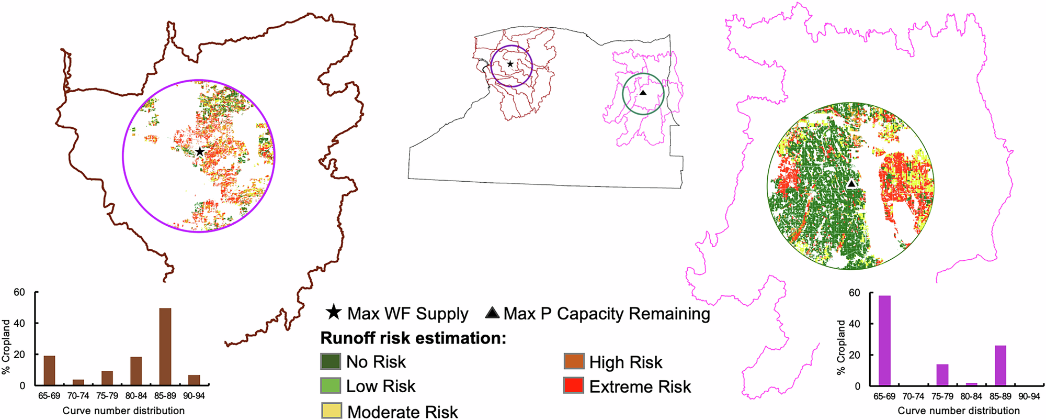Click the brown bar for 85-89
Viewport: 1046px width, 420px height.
point(165,347)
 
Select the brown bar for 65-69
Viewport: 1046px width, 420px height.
point(49,370)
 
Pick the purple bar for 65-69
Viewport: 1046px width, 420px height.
point(884,341)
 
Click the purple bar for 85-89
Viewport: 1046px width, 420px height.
point(1000,366)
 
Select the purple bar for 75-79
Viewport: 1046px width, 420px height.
point(942,375)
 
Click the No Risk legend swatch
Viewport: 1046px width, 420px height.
point(331,361)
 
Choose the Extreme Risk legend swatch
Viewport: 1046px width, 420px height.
point(574,386)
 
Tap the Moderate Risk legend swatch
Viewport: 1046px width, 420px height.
point(331,411)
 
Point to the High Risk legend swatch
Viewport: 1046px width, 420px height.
point(574,361)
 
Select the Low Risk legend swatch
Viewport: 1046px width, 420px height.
point(331,386)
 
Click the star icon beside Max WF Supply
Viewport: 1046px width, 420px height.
point(334,313)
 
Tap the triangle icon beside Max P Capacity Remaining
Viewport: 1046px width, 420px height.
point(492,313)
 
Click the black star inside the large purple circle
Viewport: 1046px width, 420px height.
point(199,152)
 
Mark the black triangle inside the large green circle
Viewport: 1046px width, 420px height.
point(851,184)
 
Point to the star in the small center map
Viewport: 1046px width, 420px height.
point(510,64)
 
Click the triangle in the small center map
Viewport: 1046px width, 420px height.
point(643,93)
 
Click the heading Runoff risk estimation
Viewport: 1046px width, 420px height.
point(413,338)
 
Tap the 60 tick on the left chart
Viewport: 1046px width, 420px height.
point(19,292)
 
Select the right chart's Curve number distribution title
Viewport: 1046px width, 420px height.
point(959,411)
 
